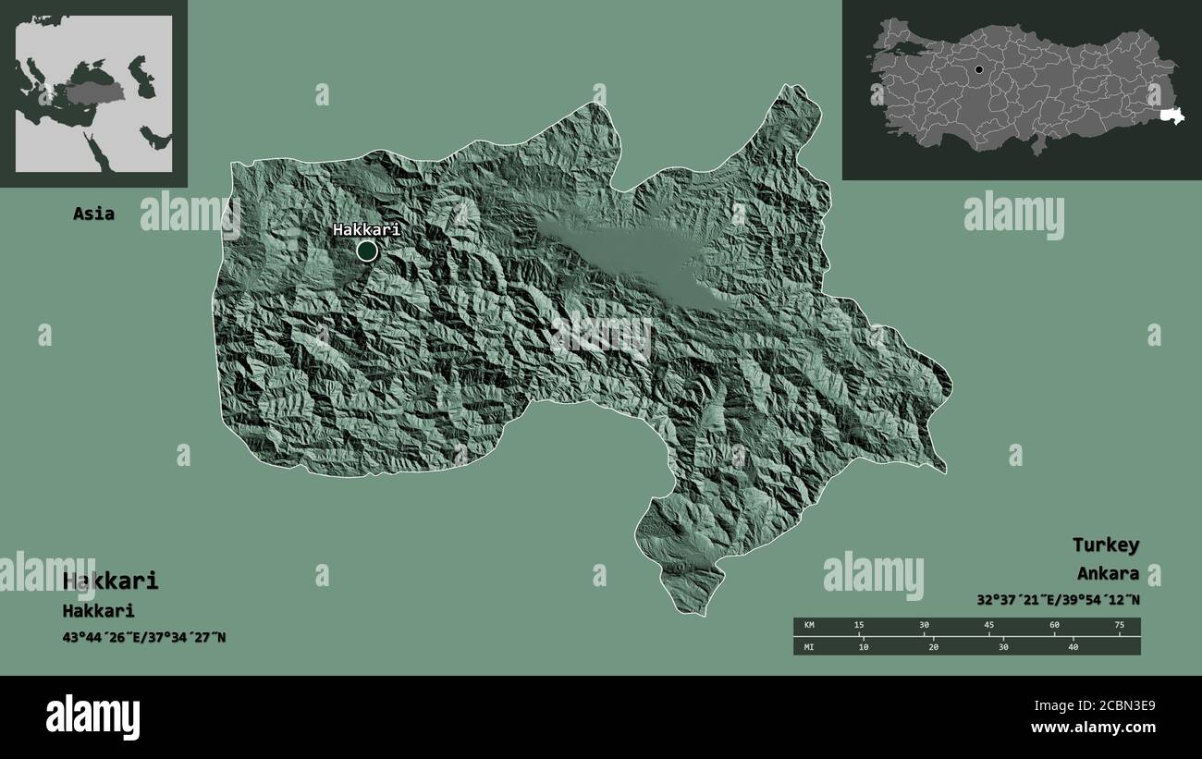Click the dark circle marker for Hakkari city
click(x=367, y=251)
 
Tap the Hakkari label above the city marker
click(x=366, y=229)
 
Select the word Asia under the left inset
click(x=94, y=214)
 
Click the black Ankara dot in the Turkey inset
click(x=978, y=69)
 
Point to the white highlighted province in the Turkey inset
click(x=1172, y=116)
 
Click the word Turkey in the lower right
click(x=1105, y=545)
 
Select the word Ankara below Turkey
click(x=1108, y=573)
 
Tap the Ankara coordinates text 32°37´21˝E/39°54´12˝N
click(x=1058, y=599)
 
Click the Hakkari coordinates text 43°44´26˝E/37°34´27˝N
click(x=144, y=637)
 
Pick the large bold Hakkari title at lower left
click(x=111, y=581)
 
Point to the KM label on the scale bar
click(x=810, y=626)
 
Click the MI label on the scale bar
click(x=810, y=646)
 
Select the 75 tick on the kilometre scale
click(x=1120, y=626)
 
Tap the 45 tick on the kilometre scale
click(x=989, y=626)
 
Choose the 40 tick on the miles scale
click(x=1073, y=646)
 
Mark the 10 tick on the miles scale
click(x=864, y=646)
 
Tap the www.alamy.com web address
click(x=1093, y=728)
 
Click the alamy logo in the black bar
click(x=92, y=716)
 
